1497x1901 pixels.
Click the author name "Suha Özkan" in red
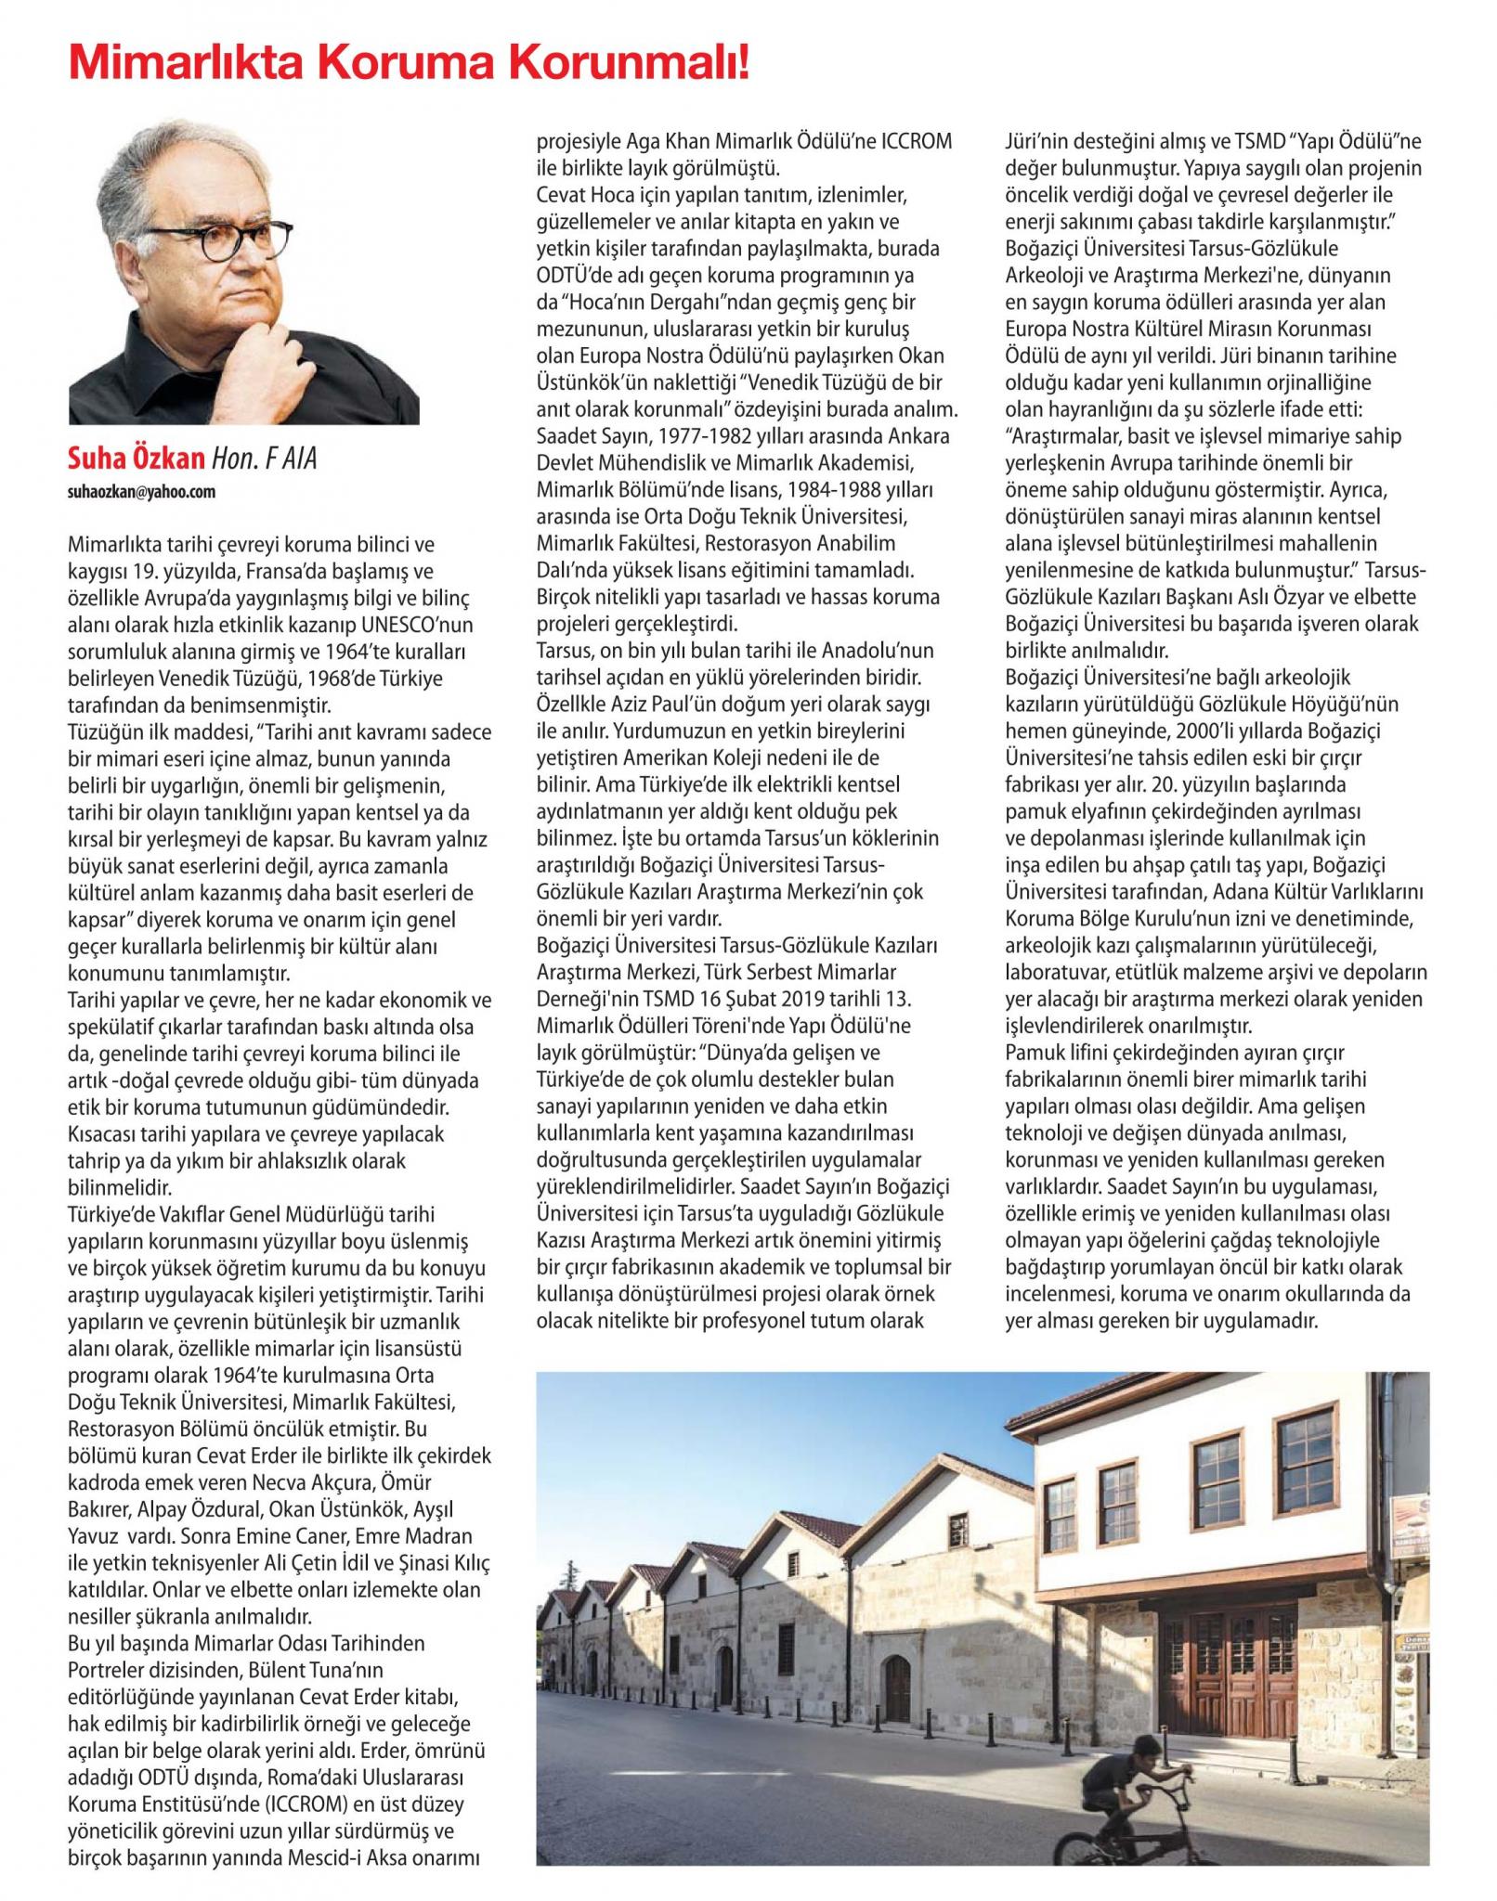pos(136,458)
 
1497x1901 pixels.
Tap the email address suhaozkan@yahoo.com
pos(142,492)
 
